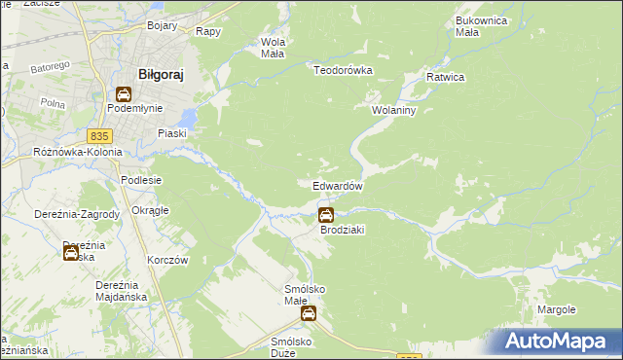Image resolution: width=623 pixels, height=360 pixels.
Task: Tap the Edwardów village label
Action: point(338,186)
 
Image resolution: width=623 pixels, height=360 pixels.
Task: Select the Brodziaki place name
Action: point(342,230)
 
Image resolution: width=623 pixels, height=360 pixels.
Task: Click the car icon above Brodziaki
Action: point(326,214)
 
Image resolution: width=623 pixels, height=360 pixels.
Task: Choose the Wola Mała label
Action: point(272,48)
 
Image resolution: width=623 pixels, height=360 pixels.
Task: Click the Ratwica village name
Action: point(445,77)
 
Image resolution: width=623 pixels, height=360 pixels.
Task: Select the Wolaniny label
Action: point(393,111)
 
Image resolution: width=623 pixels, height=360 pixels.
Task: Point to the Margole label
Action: point(557,309)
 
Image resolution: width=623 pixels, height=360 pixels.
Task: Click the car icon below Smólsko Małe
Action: point(308,313)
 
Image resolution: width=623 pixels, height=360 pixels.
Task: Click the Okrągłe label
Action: point(150,210)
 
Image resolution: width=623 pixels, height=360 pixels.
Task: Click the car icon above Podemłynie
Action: point(124,94)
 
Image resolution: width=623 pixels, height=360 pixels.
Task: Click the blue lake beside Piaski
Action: point(187,120)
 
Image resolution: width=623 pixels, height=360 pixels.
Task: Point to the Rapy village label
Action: point(207,31)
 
